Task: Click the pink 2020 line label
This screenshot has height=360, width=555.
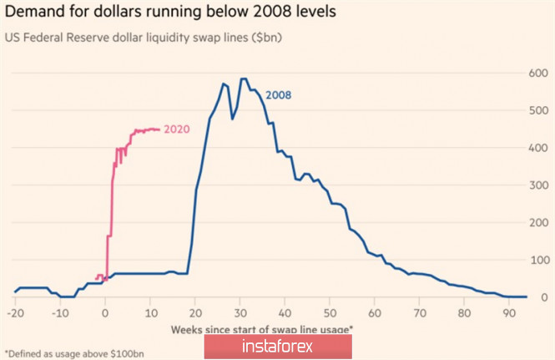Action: pos(176,129)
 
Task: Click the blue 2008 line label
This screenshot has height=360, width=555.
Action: pos(278,95)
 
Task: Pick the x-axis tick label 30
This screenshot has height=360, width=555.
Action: pos(240,313)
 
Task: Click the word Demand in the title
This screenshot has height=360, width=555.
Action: pos(37,13)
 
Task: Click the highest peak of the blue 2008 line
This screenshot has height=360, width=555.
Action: pos(243,79)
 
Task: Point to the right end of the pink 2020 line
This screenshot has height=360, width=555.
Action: pos(159,129)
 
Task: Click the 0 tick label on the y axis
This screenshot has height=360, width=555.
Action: pos(545,297)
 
